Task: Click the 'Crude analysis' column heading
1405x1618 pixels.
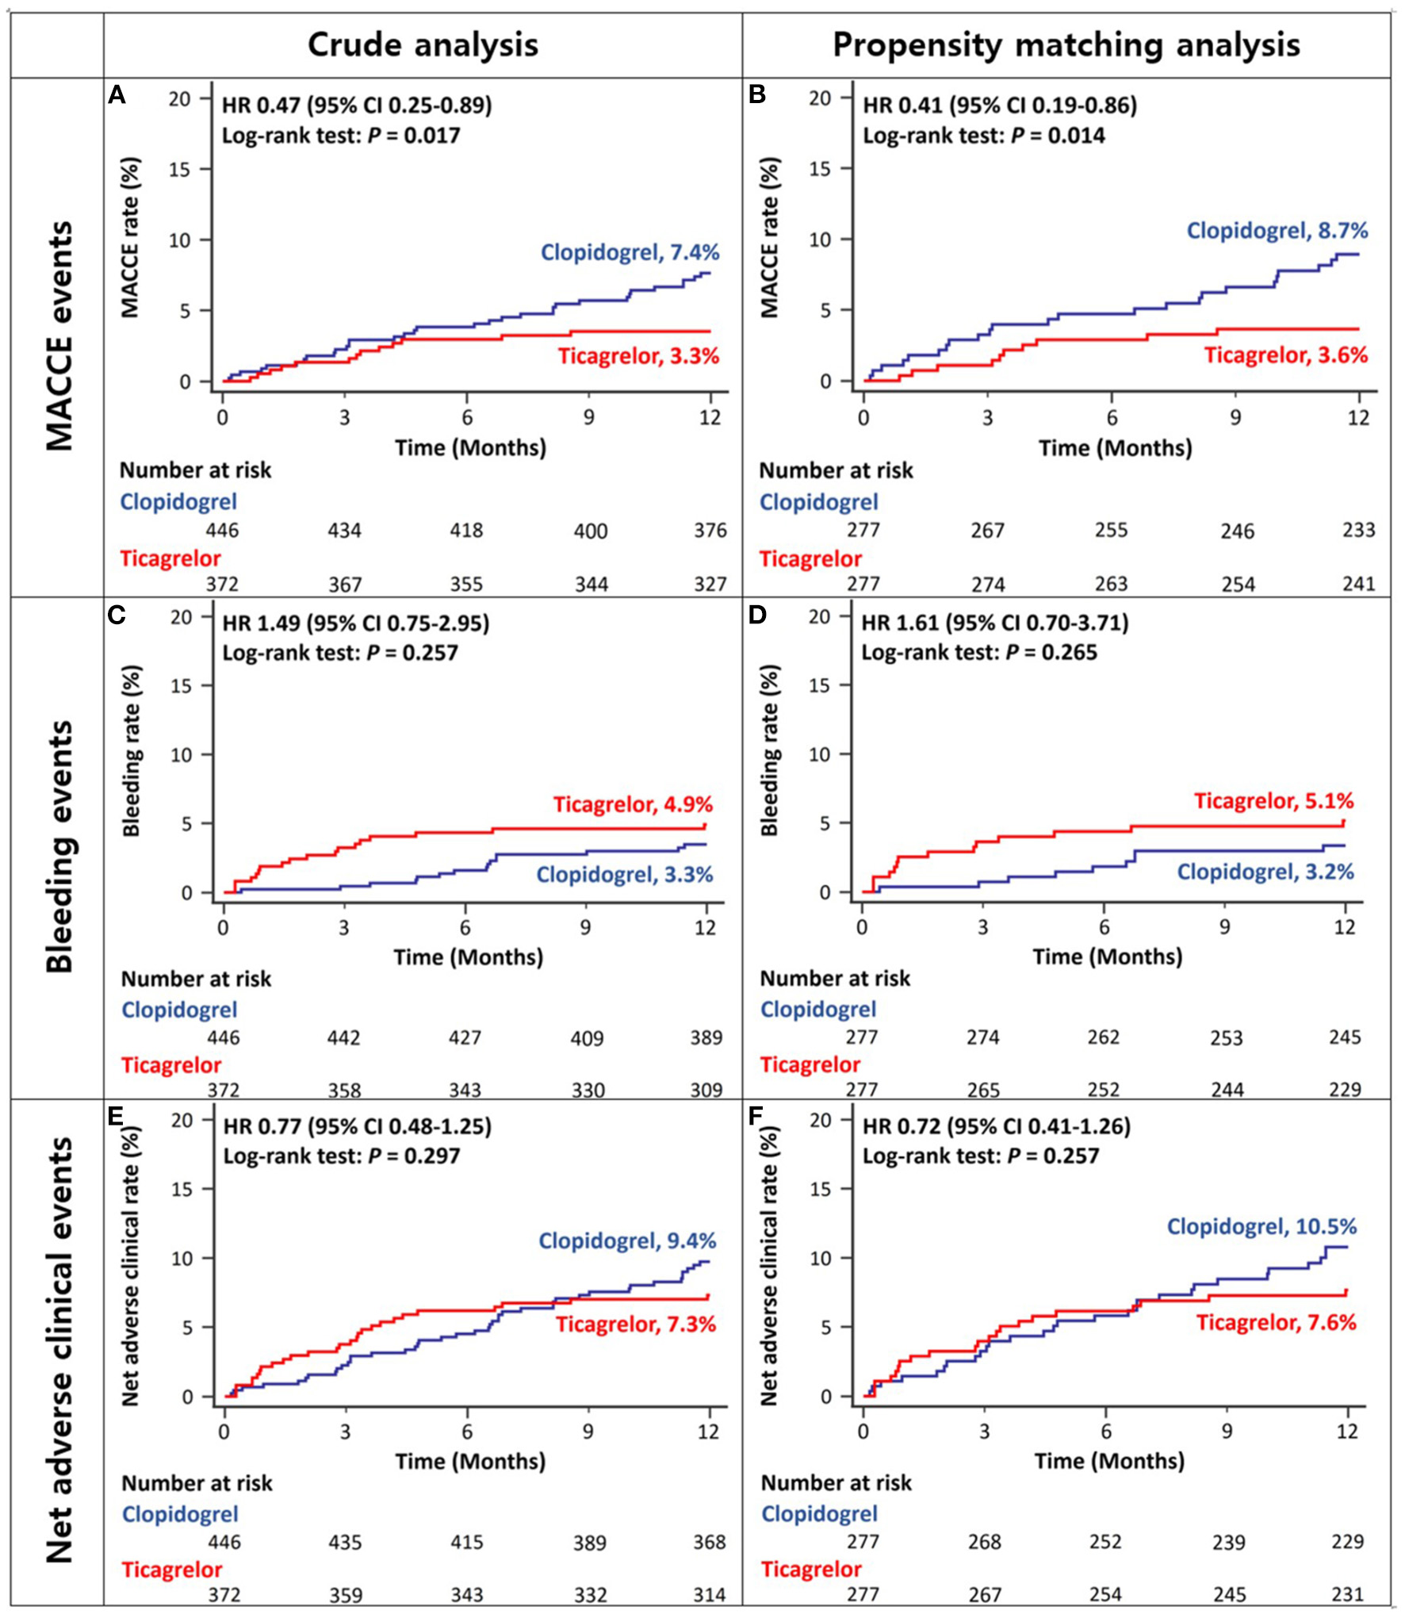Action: [x=423, y=45]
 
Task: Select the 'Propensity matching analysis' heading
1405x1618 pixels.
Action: [x=1066, y=45]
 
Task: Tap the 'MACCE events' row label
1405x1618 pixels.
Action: [x=59, y=336]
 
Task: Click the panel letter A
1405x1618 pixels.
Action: [x=117, y=96]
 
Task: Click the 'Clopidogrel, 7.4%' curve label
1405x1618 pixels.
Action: [x=630, y=253]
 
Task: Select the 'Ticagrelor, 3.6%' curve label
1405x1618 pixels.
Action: [x=1286, y=355]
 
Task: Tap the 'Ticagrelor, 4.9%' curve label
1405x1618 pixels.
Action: [x=633, y=804]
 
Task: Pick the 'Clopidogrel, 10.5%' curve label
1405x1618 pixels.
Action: [x=1261, y=1226]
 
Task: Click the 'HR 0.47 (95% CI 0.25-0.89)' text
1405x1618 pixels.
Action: [x=357, y=105]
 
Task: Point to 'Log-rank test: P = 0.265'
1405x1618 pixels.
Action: [x=979, y=653]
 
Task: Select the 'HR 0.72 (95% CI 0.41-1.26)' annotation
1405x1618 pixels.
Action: [x=997, y=1126]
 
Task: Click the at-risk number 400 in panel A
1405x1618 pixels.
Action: [x=591, y=531]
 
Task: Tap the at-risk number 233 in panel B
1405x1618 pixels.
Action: [x=1358, y=530]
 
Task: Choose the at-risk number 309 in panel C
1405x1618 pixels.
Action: [x=706, y=1091]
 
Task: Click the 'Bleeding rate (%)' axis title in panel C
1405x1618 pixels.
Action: [x=132, y=752]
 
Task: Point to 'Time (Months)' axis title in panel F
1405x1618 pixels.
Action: [x=1108, y=1461]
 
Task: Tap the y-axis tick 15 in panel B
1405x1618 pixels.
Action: [x=821, y=168]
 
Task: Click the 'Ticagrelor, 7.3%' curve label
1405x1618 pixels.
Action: [x=635, y=1324]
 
